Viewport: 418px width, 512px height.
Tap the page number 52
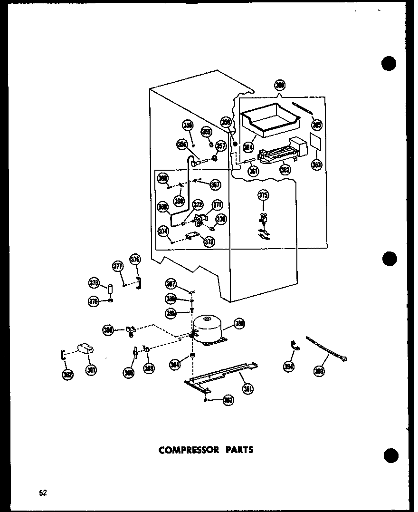43,493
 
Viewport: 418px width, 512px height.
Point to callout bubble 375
263,194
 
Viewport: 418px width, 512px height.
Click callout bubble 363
316,165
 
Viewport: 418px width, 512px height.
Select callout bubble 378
94,284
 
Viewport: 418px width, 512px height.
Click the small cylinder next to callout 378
110,289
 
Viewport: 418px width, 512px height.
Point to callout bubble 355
206,132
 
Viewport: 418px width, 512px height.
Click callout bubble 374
163,232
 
